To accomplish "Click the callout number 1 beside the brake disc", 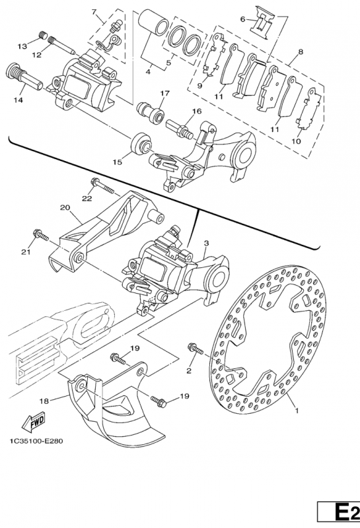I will (297, 410).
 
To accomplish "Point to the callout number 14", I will (18, 100).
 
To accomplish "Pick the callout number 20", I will (65, 207).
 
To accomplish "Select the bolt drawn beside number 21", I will (41, 234).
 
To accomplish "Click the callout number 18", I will (44, 400).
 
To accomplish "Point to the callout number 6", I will (242, 19).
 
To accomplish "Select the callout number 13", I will (22, 46).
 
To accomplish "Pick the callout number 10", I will (295, 141).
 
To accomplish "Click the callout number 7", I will (94, 13).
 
